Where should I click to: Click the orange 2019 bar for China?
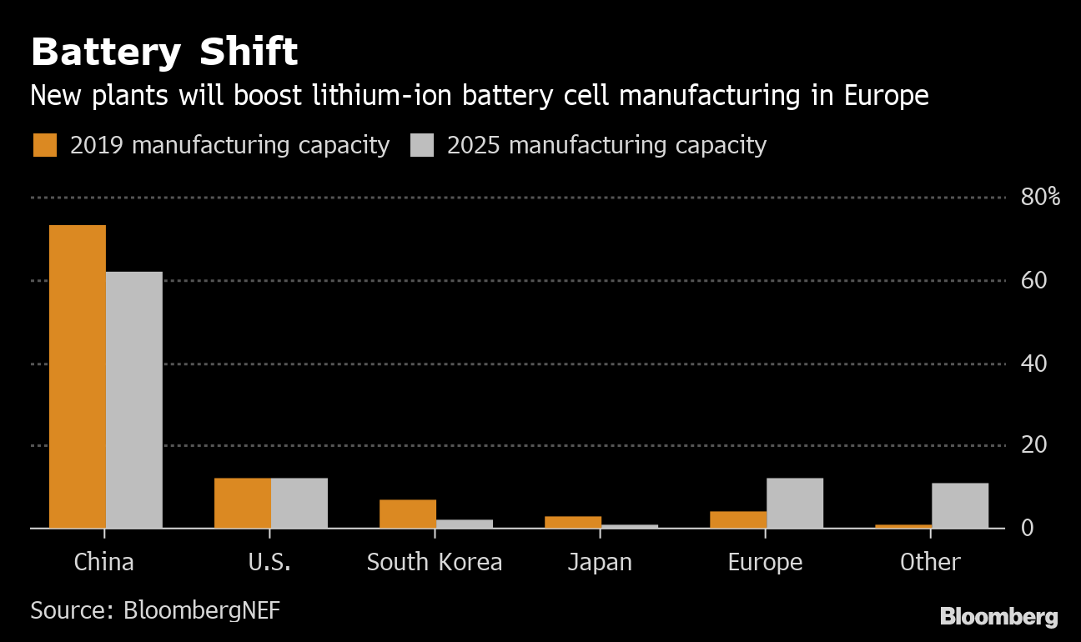78,376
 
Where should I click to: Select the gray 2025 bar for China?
134,399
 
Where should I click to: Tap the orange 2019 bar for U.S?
243,503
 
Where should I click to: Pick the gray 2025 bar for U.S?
299,503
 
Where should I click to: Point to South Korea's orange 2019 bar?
408,514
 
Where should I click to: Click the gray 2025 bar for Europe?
795,503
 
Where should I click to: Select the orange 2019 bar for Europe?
738,519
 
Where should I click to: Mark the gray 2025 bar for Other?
960,505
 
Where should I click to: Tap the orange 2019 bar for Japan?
573,522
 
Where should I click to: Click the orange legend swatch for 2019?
45,145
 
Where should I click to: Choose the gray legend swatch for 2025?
422,145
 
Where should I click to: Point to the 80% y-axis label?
1040,198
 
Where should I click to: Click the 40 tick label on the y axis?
1033,364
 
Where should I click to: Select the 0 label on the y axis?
1028,528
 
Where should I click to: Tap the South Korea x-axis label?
435,562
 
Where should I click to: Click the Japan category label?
600,562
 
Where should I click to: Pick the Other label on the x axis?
930,562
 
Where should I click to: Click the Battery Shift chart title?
164,53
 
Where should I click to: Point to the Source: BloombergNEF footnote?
155,610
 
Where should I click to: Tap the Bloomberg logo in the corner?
998,617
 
